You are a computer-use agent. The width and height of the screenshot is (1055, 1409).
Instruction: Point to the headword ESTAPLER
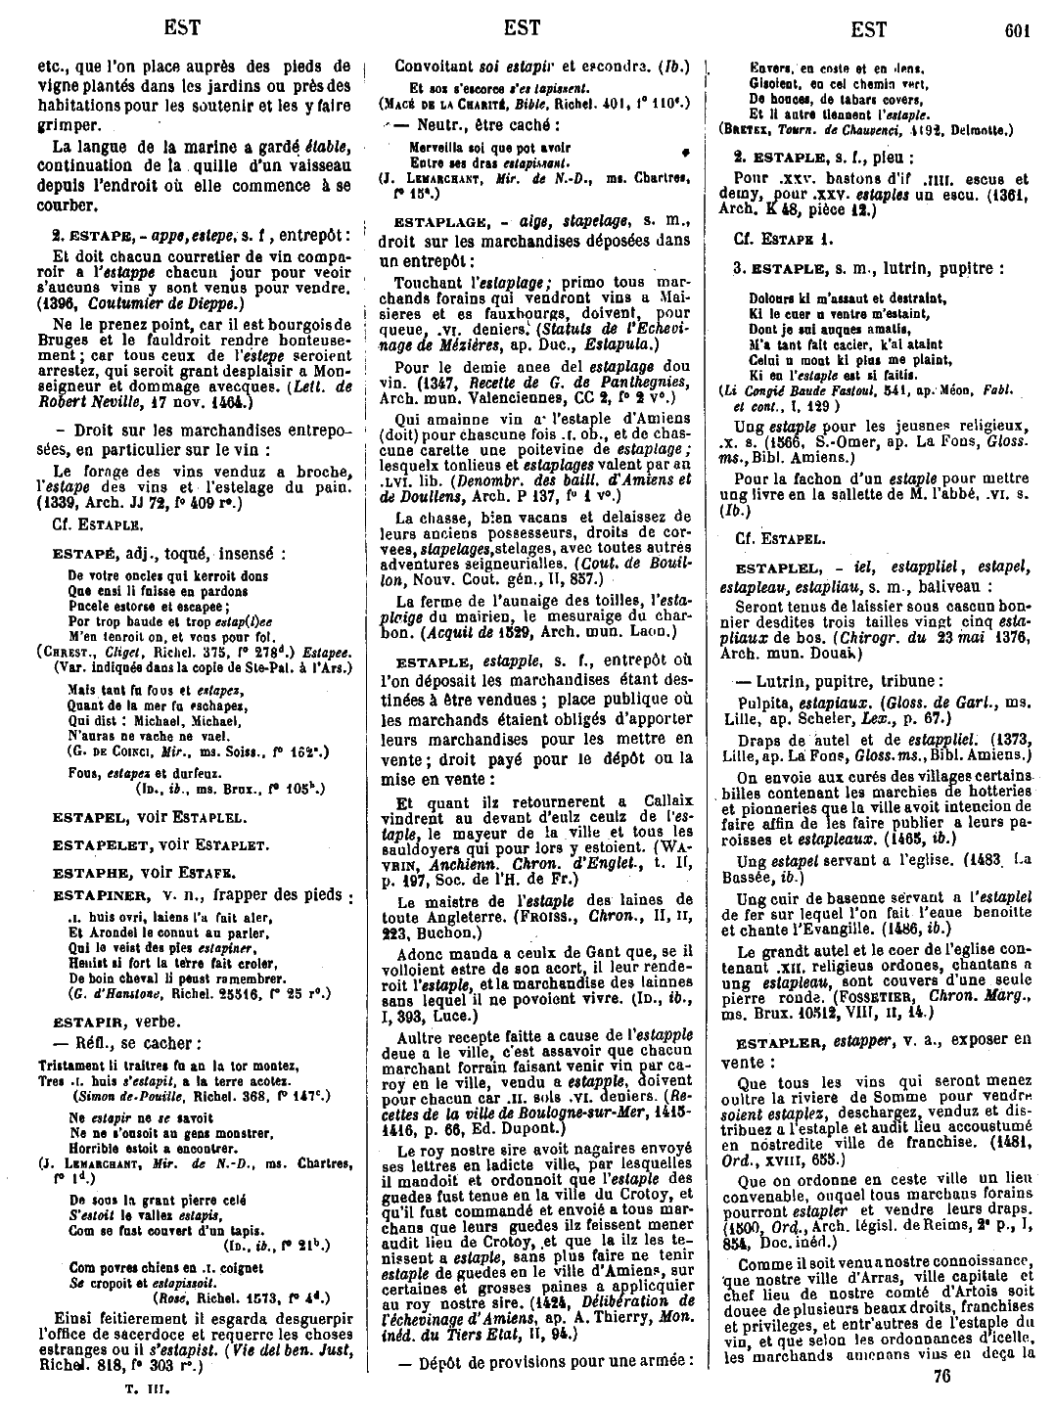[778, 1041]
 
